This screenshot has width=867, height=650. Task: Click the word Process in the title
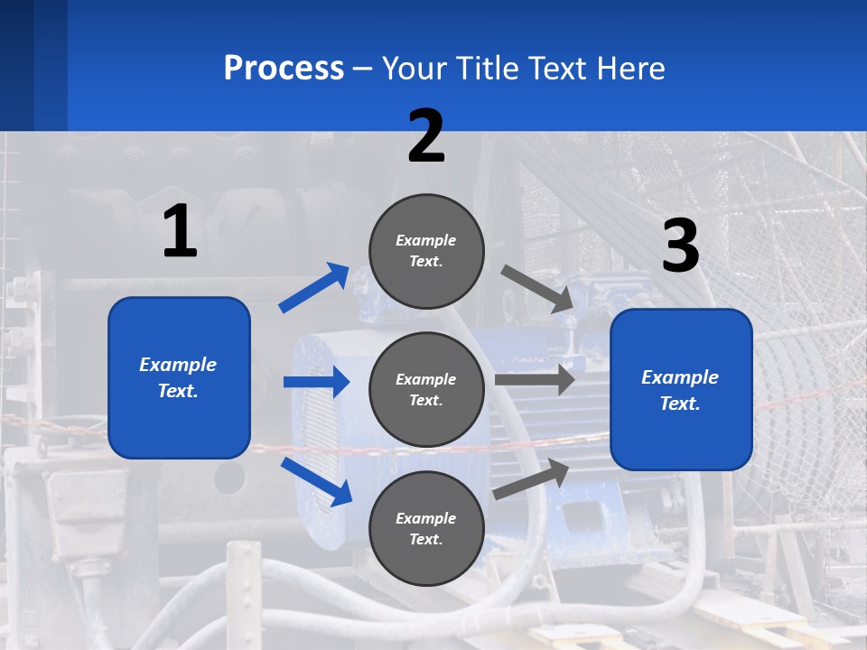pyautogui.click(x=284, y=68)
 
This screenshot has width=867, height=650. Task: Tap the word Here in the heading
pyautogui.click(x=630, y=68)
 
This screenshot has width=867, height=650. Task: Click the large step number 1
pyautogui.click(x=180, y=232)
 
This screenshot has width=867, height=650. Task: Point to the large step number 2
pyautogui.click(x=426, y=136)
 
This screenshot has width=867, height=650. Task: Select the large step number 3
pyautogui.click(x=680, y=246)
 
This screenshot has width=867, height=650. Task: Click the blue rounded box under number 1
pyautogui.click(x=179, y=377)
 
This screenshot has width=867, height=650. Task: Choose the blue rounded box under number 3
pyautogui.click(x=681, y=389)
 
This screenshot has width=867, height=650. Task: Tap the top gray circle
pyautogui.click(x=426, y=251)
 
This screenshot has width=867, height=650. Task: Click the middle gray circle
pyautogui.click(x=426, y=389)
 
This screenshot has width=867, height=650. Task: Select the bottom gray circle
pyautogui.click(x=426, y=528)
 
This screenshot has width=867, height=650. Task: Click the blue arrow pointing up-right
pyautogui.click(x=314, y=288)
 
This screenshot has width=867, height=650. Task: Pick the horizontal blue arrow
pyautogui.click(x=316, y=382)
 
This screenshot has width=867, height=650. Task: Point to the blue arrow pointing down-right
pyautogui.click(x=316, y=481)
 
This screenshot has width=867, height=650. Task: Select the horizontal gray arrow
pyautogui.click(x=535, y=380)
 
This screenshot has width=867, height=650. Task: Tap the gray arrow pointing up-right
pyautogui.click(x=532, y=479)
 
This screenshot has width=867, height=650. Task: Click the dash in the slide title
pyautogui.click(x=363, y=69)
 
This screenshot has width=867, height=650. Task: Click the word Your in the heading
pyautogui.click(x=415, y=68)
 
